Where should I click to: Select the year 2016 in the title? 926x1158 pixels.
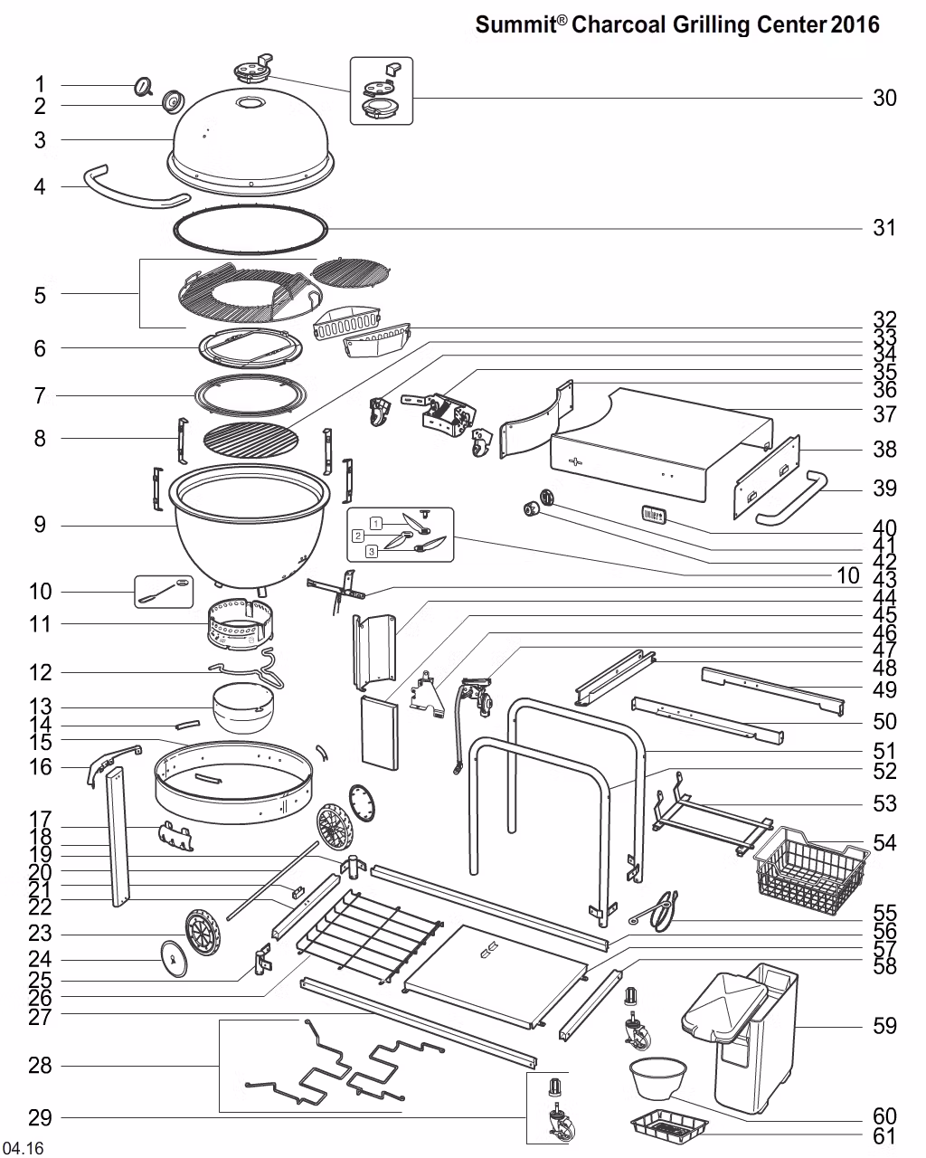click(x=855, y=24)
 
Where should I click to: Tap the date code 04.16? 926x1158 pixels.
click(x=23, y=1149)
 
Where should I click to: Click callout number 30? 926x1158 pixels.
click(x=883, y=98)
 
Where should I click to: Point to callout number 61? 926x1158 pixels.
click(x=883, y=1136)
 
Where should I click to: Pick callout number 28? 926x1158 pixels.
click(x=40, y=1066)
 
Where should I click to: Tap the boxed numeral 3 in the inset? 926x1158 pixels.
click(x=371, y=550)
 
